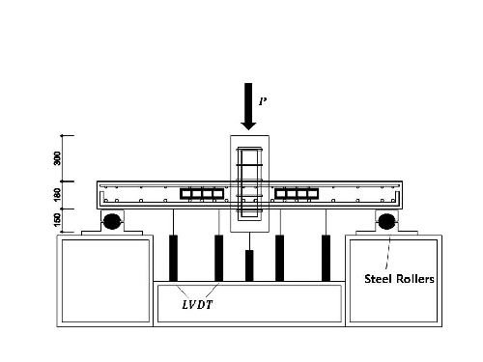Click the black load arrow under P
point(248,109)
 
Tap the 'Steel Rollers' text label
point(398,279)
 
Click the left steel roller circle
point(113,221)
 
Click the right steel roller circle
point(387,221)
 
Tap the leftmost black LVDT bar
point(174,257)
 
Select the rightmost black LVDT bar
point(326,257)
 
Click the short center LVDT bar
point(249,265)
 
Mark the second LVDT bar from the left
point(219,257)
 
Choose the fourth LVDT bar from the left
point(279,257)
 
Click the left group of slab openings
point(202,194)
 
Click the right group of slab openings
point(297,194)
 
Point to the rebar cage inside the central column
point(249,183)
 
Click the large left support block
point(104,280)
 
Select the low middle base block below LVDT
point(249,302)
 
